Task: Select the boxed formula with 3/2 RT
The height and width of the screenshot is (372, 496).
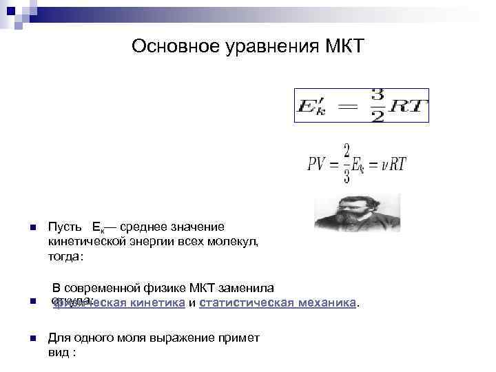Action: coord(361,105)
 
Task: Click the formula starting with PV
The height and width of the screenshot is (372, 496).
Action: coord(356,163)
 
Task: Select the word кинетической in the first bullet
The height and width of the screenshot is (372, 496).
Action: coord(83,240)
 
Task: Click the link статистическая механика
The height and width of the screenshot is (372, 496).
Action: coord(278,302)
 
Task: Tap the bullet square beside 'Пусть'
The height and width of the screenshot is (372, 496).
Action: coord(23,227)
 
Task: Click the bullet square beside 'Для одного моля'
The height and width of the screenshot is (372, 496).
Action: coord(23,338)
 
